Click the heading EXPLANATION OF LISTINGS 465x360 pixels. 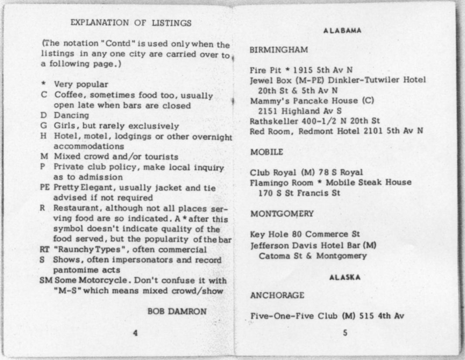point(131,23)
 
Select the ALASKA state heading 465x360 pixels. point(345,278)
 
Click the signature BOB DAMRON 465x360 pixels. point(177,311)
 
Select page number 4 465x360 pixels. point(135,333)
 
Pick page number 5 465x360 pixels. point(345,334)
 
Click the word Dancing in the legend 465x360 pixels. point(71,116)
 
